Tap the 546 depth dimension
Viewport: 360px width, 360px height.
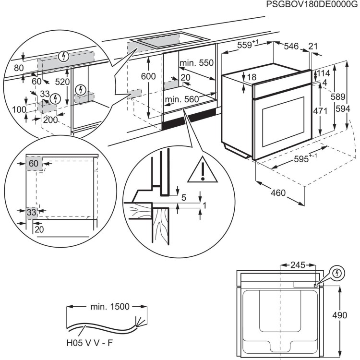click(291, 46)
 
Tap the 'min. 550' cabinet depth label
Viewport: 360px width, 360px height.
click(196, 63)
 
